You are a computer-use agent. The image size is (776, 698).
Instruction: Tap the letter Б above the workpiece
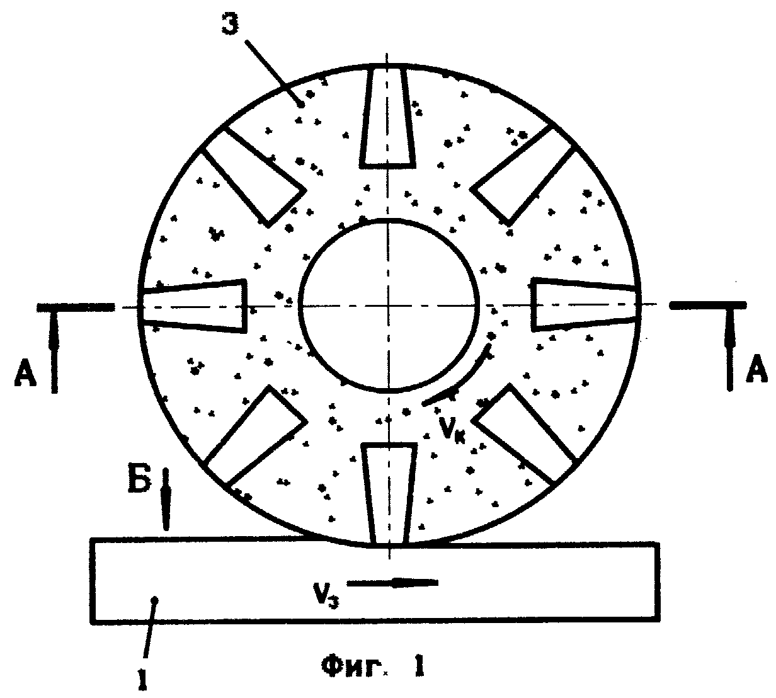[140, 480]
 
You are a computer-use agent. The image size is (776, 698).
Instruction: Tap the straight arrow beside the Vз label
[392, 582]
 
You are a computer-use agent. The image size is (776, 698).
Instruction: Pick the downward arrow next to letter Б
[165, 499]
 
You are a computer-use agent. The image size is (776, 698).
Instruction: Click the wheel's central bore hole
[389, 306]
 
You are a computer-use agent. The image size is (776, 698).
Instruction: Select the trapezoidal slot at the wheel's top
[387, 117]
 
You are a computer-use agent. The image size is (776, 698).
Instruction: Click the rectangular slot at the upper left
[254, 176]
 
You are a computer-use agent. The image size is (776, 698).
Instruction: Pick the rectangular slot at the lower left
[255, 435]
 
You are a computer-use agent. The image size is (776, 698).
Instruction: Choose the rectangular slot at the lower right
[526, 433]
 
